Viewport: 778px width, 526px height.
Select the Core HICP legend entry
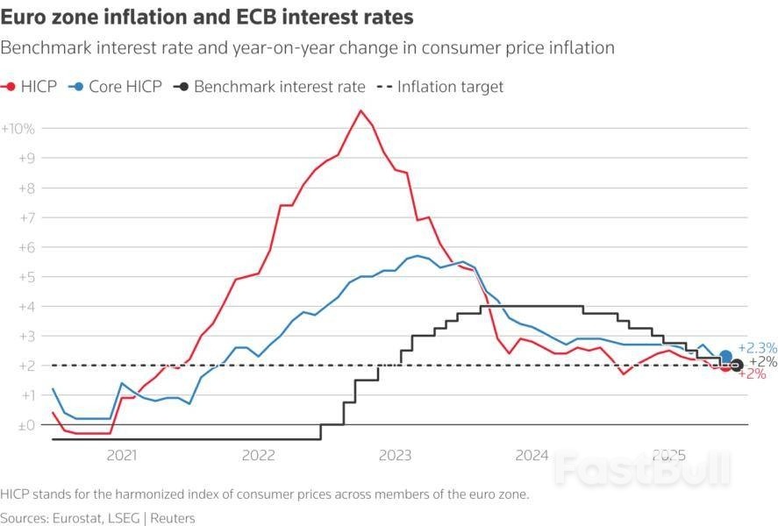coord(118,87)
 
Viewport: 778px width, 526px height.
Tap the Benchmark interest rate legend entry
coord(270,87)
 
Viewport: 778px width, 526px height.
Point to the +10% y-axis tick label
coord(18,128)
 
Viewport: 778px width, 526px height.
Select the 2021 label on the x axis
coord(121,455)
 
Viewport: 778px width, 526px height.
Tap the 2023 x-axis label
coord(396,455)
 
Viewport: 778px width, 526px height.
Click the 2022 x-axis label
coord(259,455)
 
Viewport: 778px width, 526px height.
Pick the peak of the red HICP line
coord(360,110)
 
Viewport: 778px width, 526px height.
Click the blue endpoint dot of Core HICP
coord(725,357)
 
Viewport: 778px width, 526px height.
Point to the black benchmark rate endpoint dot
coord(737,366)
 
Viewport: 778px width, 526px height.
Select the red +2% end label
coord(753,374)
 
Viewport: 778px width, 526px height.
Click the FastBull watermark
coord(642,468)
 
